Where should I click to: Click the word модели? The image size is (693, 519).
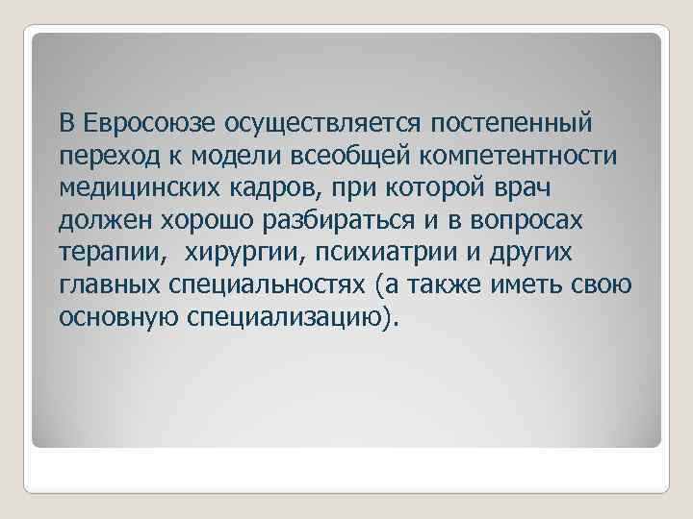coord(228,157)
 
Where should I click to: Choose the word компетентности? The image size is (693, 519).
coord(521,157)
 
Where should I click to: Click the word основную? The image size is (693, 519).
coord(117,318)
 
